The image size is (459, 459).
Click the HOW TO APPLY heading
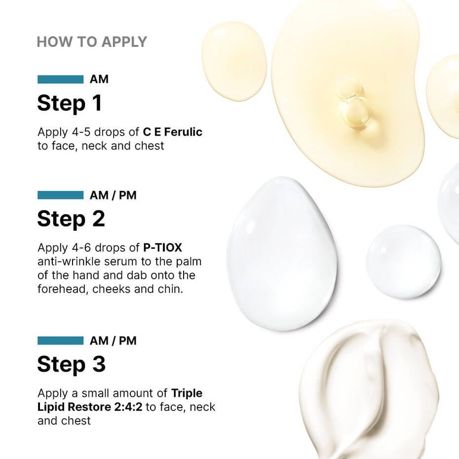point(92,42)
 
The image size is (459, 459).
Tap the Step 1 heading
point(70,103)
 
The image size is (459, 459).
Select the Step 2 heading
point(71,219)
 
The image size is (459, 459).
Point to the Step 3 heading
point(71,364)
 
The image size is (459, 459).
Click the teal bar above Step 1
point(60,79)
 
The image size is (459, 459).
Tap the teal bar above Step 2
point(60,195)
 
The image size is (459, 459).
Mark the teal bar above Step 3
point(60,341)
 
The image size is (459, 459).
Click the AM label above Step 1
point(99,79)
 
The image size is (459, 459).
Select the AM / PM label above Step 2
point(113,195)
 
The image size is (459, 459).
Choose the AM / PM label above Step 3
point(113,341)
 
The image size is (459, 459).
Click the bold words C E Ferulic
point(173,132)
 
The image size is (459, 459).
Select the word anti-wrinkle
point(69,262)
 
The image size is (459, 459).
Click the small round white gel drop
point(403,261)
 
